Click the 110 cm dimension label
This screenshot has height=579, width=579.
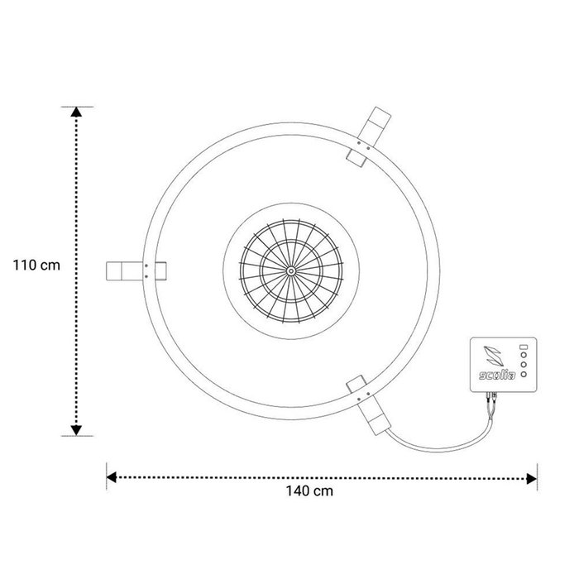(36, 266)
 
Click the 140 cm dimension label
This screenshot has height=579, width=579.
(309, 490)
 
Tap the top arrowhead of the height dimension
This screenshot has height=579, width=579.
(76, 112)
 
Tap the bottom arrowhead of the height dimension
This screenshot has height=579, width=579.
(76, 430)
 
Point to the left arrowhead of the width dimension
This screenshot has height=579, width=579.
(111, 477)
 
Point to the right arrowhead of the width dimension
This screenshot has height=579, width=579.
(532, 479)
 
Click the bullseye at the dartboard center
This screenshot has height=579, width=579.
(291, 271)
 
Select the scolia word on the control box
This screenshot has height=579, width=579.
(497, 376)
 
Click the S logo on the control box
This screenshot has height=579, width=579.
(493, 356)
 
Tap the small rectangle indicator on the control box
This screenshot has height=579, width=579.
(524, 347)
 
